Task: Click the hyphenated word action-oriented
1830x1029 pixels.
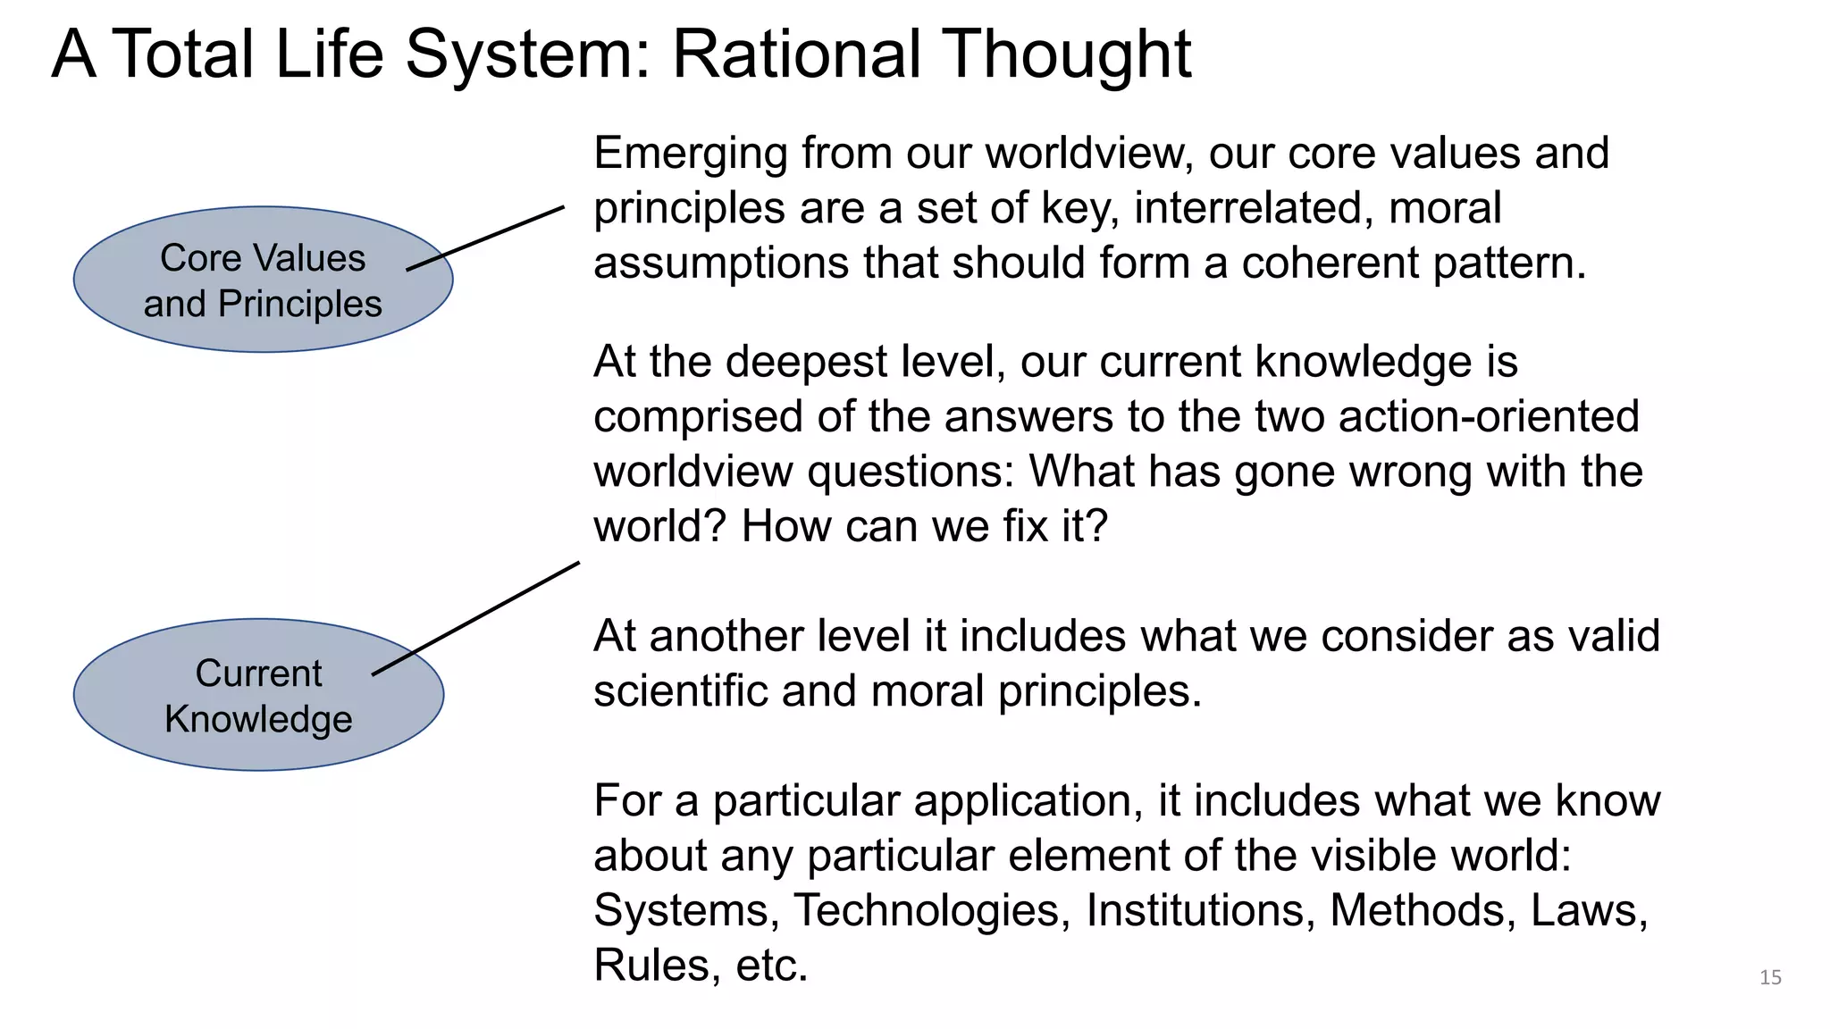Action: coord(1489,417)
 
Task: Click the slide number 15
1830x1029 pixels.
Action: coord(1770,977)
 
